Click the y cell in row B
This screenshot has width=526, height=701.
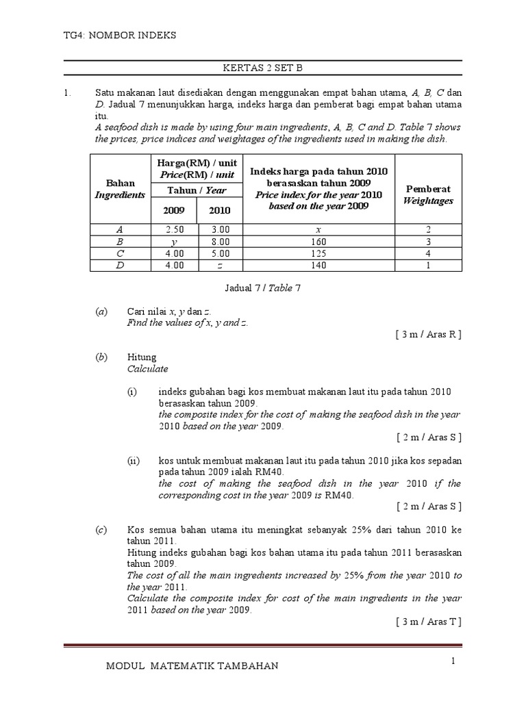coord(174,242)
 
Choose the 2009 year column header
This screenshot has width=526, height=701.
coord(174,211)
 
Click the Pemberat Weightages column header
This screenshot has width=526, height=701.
coord(428,194)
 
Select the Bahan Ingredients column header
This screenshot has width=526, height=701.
coord(120,189)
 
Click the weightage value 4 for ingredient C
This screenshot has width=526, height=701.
coord(428,254)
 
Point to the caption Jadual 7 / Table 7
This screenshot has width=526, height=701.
coord(262,288)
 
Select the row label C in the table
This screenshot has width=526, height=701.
coord(120,254)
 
